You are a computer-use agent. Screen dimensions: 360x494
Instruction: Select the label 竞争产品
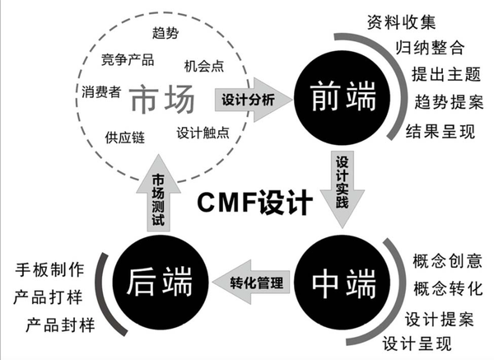(x=128, y=60)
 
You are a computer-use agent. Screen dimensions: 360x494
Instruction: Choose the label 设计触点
(x=203, y=131)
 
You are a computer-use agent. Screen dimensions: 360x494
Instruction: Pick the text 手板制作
(x=49, y=269)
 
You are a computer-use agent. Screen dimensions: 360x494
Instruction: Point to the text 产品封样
(x=61, y=324)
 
